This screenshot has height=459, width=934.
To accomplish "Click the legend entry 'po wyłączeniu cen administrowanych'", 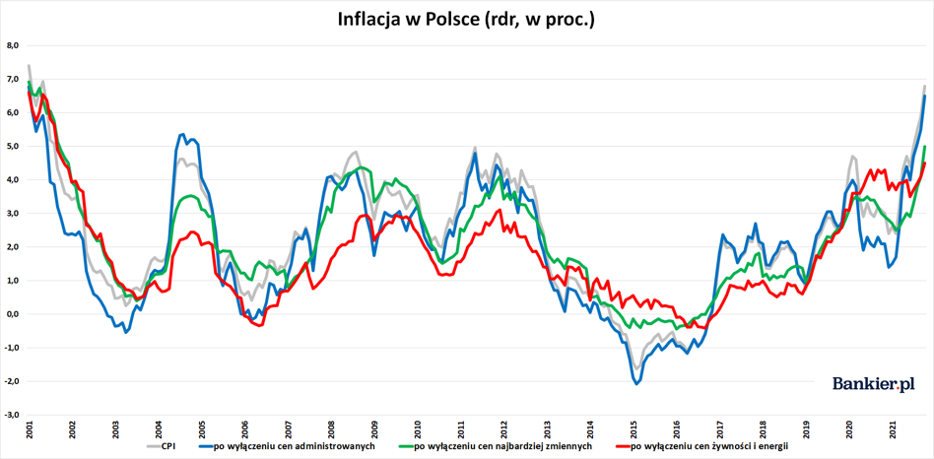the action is pos(289,445).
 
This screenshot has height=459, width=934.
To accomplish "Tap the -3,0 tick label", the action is pos(14,415).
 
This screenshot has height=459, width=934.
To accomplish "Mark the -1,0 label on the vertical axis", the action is pos(14,348).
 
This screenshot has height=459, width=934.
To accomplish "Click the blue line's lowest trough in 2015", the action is pos(636,384).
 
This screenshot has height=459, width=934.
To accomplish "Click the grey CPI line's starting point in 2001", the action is pos(29,65).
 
